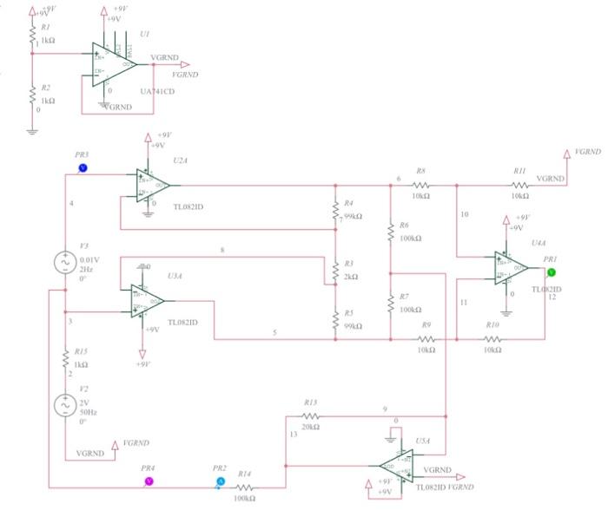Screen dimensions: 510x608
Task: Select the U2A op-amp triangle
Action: point(151,185)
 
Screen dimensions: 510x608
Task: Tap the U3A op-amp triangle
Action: point(147,301)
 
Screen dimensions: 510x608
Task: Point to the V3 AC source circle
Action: point(65,262)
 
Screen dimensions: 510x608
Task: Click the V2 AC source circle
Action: point(65,405)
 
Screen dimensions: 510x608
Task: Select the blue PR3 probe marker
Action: point(83,167)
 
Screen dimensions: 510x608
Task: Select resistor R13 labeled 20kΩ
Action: point(311,417)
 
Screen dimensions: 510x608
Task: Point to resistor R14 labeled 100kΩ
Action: point(245,488)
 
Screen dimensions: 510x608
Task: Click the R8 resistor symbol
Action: point(420,185)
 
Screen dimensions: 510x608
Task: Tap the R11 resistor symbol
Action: point(519,185)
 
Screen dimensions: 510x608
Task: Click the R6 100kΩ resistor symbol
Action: point(392,232)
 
